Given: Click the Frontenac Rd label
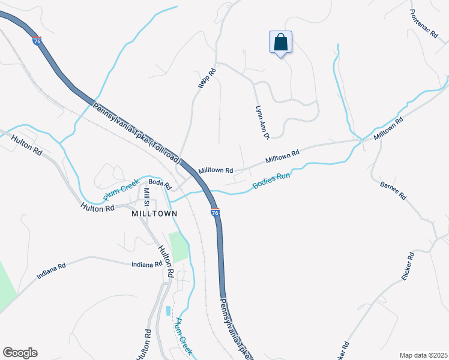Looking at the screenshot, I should click(x=424, y=23).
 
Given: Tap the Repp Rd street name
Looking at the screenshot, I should click(x=207, y=79).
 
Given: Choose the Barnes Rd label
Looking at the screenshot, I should click(x=393, y=191).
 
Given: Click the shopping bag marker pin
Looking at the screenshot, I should click(x=280, y=43).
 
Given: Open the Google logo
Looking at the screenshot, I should click(x=20, y=352).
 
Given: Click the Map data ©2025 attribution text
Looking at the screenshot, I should click(x=423, y=355).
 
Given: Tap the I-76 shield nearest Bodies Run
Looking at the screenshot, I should click(x=215, y=212).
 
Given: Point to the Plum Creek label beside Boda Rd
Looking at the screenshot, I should click(x=121, y=190).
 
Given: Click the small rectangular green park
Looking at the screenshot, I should click(x=178, y=245).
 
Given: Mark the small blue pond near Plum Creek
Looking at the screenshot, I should click(x=167, y=311).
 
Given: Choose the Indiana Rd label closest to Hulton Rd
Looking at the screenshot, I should click(x=148, y=264).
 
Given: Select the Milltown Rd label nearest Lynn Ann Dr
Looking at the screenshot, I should click(x=282, y=158).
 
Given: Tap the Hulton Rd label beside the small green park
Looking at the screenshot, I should click(x=165, y=261).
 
